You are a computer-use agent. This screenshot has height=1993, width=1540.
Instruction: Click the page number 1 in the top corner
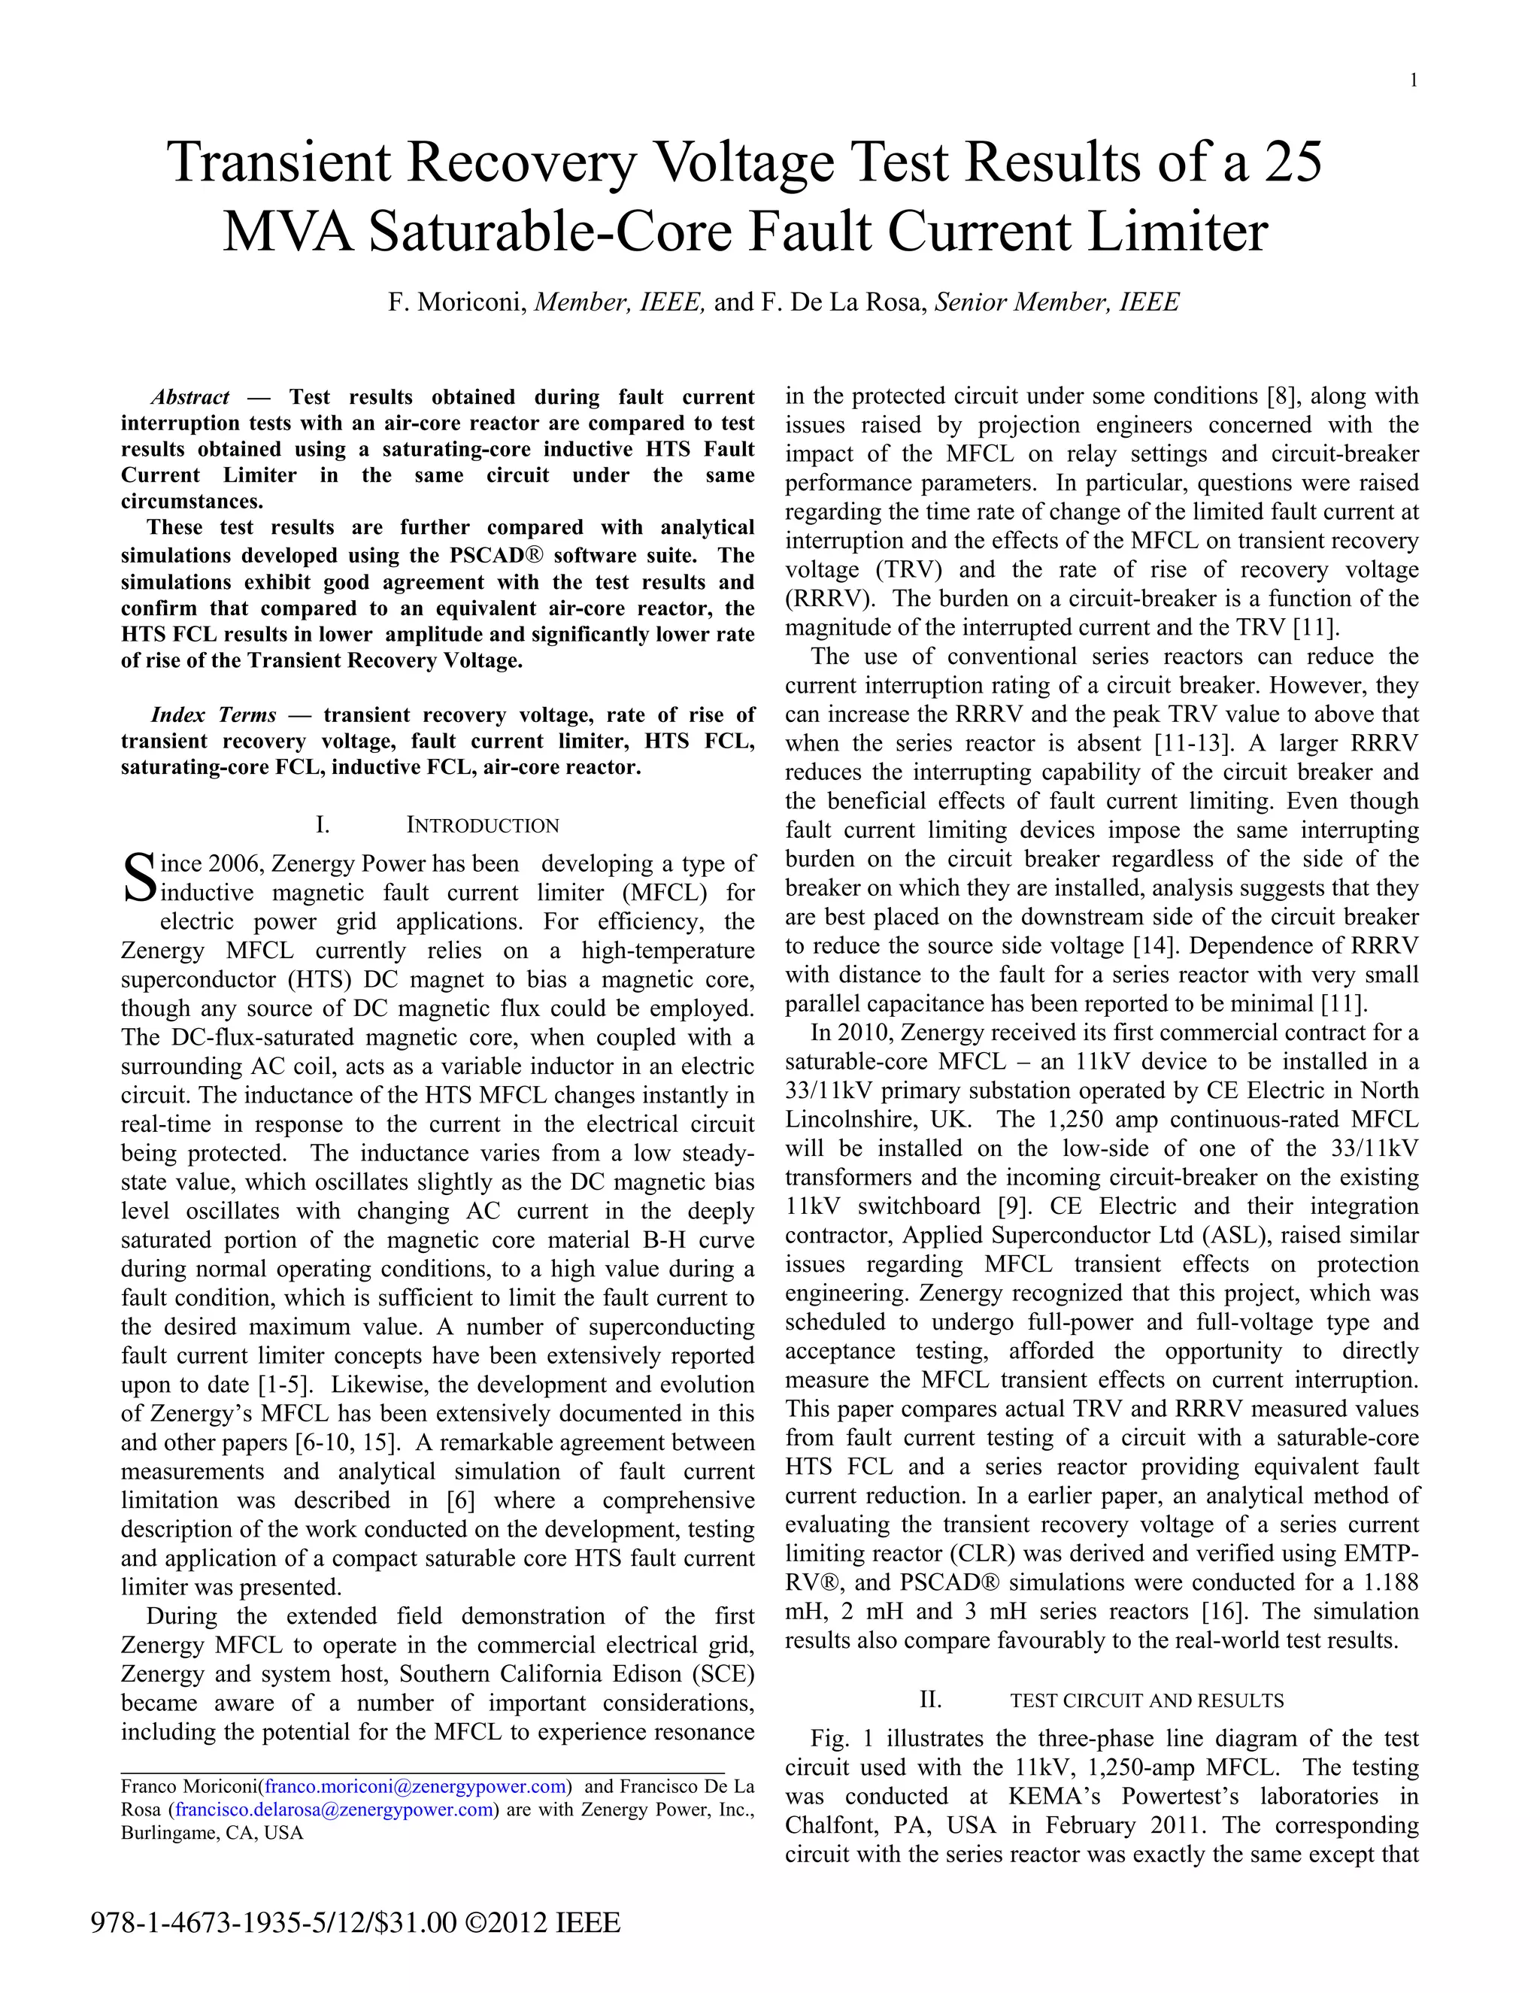point(1413,81)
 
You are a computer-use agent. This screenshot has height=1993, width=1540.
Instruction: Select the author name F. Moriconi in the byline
point(457,302)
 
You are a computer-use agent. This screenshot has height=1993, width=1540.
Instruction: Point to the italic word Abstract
point(189,398)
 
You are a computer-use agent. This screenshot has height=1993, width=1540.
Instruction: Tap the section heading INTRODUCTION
point(482,826)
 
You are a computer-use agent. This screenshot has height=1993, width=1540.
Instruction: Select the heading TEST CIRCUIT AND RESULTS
point(1147,1701)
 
